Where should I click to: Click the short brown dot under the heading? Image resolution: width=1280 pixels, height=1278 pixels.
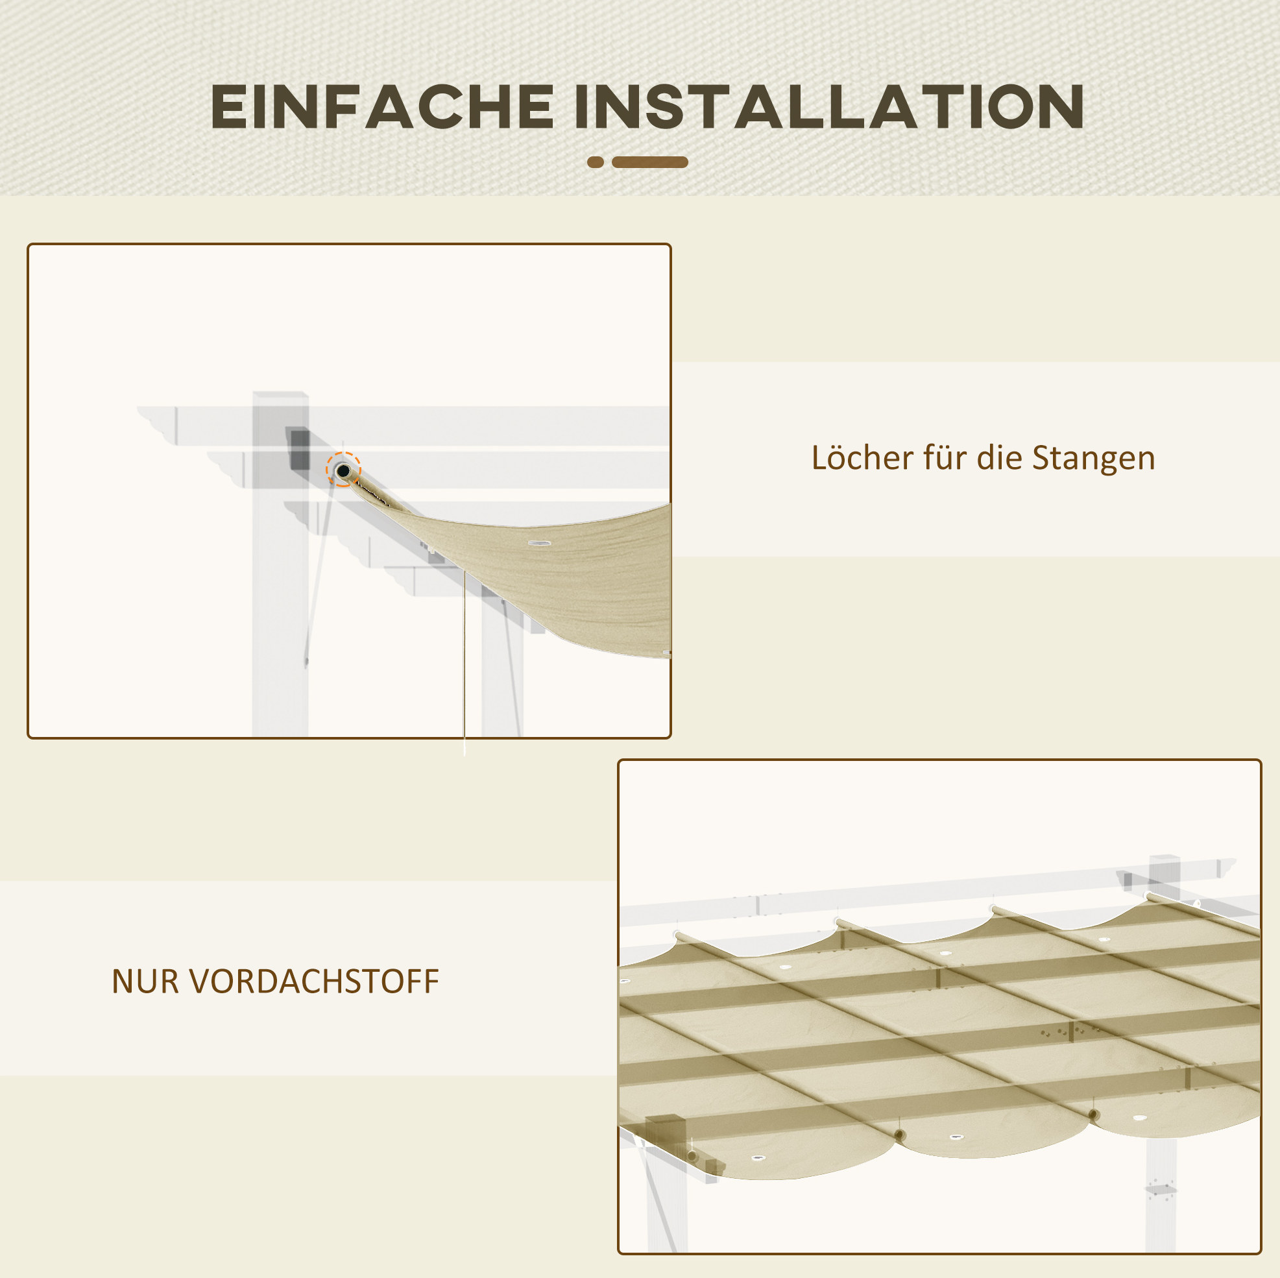coord(596,162)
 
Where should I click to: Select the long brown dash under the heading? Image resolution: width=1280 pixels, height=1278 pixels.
coord(650,162)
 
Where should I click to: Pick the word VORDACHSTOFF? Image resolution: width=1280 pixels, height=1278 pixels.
coord(314,981)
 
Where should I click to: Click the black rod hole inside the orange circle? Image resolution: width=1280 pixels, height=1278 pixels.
coord(343,471)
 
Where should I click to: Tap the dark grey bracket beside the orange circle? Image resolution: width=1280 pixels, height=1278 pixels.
coord(300,449)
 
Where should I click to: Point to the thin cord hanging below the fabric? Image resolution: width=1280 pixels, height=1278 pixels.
coord(465,662)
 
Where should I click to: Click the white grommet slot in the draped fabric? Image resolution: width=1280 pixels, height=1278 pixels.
coord(539,543)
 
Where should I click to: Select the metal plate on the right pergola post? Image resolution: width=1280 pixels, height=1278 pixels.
coord(1161,1188)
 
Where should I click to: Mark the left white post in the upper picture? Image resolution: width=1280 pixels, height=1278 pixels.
coord(280,563)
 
